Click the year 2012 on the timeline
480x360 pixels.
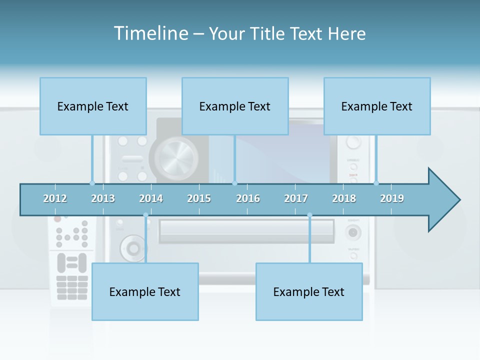tap(55, 198)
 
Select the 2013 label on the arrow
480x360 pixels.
tap(103, 198)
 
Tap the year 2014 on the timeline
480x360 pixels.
tap(151, 198)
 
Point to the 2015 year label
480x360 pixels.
tap(199, 198)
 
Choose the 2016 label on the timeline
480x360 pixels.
tap(248, 198)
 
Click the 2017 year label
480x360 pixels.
tap(296, 198)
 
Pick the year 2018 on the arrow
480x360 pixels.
tap(344, 198)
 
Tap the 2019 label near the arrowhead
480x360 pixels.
tap(392, 198)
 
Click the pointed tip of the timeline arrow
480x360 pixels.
tap(458, 200)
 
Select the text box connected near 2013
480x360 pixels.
tap(93, 106)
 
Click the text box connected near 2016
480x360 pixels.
tap(235, 106)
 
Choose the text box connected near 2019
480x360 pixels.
tap(377, 106)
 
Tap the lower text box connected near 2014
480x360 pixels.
tap(145, 291)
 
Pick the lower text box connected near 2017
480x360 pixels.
tap(309, 291)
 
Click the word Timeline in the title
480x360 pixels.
tap(149, 33)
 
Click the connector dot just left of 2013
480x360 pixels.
tap(92, 183)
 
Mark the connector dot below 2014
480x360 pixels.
tap(145, 215)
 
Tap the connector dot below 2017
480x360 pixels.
tap(309, 215)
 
